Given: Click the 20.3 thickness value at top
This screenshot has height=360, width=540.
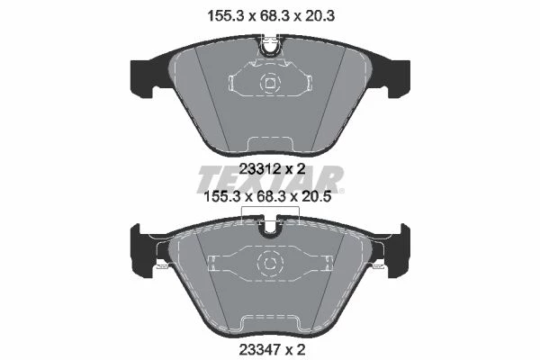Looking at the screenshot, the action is (x=319, y=16).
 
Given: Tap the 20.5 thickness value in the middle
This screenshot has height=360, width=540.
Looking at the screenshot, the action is (x=315, y=197).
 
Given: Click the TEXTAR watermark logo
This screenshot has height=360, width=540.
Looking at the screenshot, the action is (x=270, y=180).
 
